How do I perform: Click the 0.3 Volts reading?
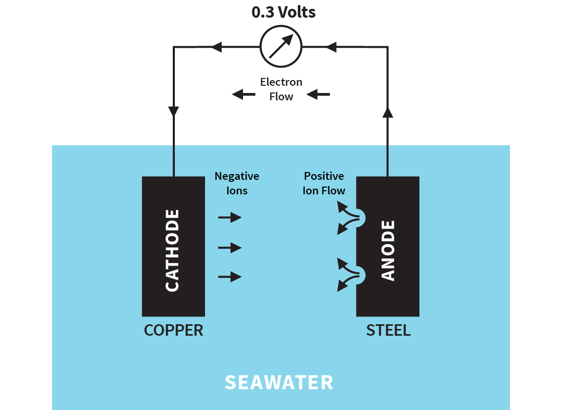point(284,12)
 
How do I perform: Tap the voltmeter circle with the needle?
point(281,47)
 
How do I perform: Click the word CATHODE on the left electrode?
point(172,250)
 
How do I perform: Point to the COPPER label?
point(173,330)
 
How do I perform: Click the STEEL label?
point(388,330)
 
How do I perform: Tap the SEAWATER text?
point(279,382)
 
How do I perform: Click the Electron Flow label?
point(281,89)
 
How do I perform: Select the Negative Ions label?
point(237,183)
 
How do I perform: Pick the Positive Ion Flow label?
point(324,183)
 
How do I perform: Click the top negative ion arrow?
point(230,217)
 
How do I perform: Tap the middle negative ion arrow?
point(230,248)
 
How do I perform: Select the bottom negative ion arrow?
point(230,277)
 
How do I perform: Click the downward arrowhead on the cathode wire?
point(174,112)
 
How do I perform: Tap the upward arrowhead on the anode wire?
point(387,113)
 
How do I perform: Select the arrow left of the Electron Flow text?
point(244,94)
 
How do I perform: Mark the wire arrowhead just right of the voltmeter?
point(331,47)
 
